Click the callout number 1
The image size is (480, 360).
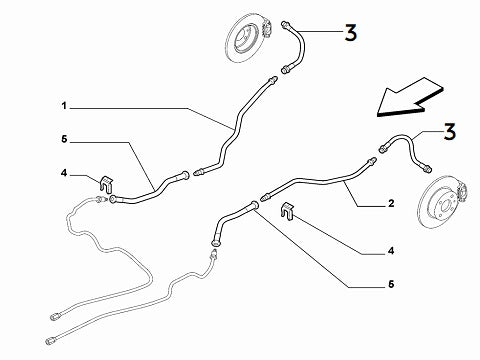pyautogui.click(x=62, y=103)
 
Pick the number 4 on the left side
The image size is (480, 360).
pyautogui.click(x=63, y=173)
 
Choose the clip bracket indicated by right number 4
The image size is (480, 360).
pyautogui.click(x=288, y=210)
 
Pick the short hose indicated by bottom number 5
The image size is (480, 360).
pyautogui.click(x=232, y=216)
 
